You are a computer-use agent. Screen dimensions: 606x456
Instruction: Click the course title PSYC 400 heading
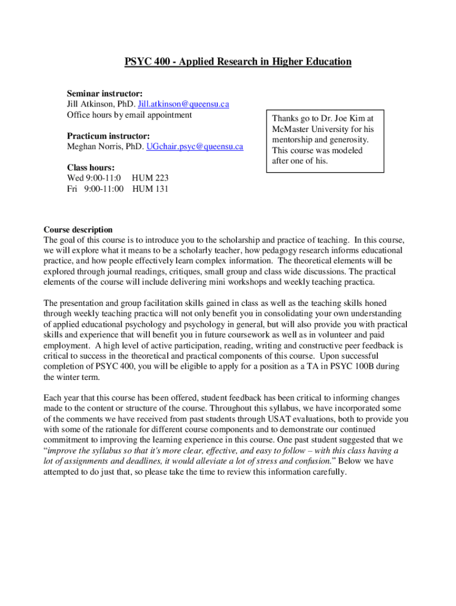click(237, 62)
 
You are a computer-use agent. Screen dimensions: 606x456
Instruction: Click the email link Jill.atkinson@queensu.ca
click(183, 104)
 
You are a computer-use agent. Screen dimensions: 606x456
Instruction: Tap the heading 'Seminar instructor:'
click(104, 94)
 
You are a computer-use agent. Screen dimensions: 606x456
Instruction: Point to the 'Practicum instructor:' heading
click(108, 136)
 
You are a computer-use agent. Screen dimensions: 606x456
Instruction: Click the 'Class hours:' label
click(91, 167)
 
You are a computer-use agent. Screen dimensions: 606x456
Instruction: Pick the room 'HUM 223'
click(150, 178)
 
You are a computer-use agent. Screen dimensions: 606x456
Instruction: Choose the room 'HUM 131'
click(150, 189)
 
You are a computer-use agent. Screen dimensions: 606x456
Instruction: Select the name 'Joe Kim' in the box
click(352, 118)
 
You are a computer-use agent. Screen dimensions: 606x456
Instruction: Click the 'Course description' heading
click(78, 230)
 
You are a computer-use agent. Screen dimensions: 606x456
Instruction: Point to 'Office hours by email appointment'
click(129, 115)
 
